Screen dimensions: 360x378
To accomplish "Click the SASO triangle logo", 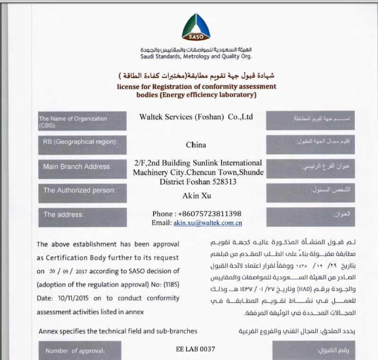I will [196, 27].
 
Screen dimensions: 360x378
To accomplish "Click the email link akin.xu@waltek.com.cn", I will [207, 223].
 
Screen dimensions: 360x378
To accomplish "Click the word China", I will [196, 145].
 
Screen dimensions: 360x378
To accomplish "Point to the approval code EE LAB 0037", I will [195, 350].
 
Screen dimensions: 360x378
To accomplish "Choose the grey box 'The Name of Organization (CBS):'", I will [83, 121].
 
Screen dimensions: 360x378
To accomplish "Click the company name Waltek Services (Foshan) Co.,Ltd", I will [196, 116].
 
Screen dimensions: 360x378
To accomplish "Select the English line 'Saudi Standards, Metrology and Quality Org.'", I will [196, 57].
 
